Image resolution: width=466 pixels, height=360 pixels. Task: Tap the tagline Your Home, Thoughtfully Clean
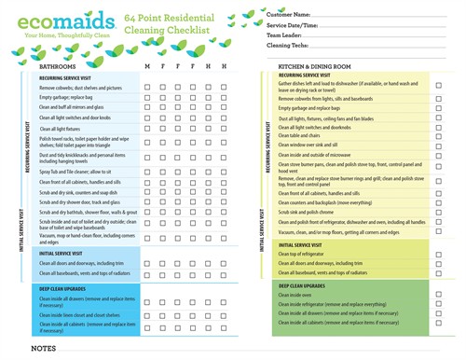[59, 38]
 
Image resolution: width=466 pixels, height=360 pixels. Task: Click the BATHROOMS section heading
[59, 67]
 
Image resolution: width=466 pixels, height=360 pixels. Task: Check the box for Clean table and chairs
[438, 135]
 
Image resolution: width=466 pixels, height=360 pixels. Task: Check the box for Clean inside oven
[438, 293]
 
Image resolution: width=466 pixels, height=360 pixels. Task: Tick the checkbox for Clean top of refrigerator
[438, 255]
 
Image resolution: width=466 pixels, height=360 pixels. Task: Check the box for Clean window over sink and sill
[438, 145]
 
